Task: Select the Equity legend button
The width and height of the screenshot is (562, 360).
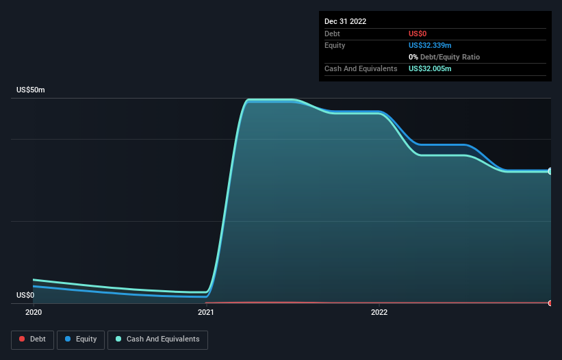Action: pyautogui.click(x=81, y=339)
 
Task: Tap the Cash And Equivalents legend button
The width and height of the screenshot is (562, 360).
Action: pyautogui.click(x=157, y=339)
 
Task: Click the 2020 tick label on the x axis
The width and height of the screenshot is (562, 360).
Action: pyautogui.click(x=34, y=312)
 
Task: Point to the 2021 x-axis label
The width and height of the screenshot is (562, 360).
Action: pyautogui.click(x=206, y=312)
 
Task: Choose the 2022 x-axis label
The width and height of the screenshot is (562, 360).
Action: pyautogui.click(x=379, y=312)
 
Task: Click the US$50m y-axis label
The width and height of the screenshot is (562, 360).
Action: pyautogui.click(x=31, y=90)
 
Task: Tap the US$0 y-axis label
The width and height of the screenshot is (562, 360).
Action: pyautogui.click(x=25, y=295)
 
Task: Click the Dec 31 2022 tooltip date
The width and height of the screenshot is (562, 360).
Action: pyautogui.click(x=346, y=21)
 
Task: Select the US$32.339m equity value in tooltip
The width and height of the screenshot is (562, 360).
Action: pyautogui.click(x=430, y=45)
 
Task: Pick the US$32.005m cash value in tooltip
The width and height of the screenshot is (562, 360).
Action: pyautogui.click(x=430, y=68)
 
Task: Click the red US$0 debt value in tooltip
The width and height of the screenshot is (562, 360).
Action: pyautogui.click(x=419, y=34)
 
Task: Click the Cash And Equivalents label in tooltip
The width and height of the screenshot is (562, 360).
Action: pyautogui.click(x=361, y=68)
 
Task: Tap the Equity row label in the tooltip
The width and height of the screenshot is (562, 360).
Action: pyautogui.click(x=335, y=45)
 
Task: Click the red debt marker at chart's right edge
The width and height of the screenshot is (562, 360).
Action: pyautogui.click(x=550, y=303)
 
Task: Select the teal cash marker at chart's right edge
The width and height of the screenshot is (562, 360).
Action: pyautogui.click(x=550, y=171)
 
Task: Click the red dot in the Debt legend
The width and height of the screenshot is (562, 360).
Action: pyautogui.click(x=22, y=339)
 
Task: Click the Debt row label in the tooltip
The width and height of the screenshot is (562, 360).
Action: pyautogui.click(x=332, y=34)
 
